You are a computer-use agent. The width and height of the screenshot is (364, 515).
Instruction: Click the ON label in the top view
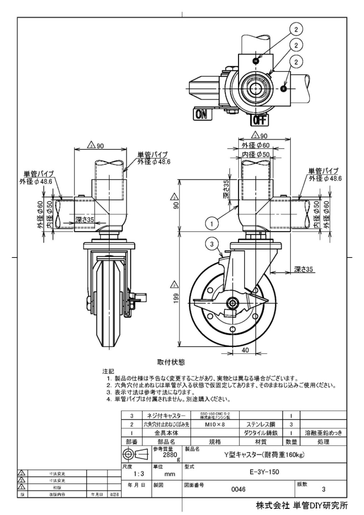pos(201,114)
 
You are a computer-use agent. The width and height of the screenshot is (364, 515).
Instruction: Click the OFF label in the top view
pos(259,120)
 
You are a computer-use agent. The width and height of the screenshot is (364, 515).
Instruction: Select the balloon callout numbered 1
pos(212,224)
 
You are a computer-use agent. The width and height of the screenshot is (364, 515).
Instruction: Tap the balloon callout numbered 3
pos(212,244)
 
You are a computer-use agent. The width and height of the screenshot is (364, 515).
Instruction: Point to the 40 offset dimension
pos(245,350)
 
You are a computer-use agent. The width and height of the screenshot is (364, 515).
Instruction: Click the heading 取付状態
pos(171,362)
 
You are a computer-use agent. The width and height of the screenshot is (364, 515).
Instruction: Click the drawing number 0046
pos(238,489)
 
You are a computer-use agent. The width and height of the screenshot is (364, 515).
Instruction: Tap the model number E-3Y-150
pos(264,472)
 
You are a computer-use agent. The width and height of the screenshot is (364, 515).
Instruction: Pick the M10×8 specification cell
pos(215,424)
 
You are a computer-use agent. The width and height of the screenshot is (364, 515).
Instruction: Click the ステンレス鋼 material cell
pos(261,424)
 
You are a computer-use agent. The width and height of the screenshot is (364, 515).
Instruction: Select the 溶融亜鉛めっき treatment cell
pos(323,433)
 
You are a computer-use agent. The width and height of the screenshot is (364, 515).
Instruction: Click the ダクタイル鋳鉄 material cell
pos(261,433)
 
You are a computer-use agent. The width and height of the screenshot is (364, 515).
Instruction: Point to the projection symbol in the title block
pos(135,454)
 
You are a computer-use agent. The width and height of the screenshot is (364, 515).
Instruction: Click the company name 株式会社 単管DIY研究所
pos(301,505)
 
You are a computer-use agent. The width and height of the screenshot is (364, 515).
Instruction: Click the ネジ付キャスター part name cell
pos(166,416)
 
